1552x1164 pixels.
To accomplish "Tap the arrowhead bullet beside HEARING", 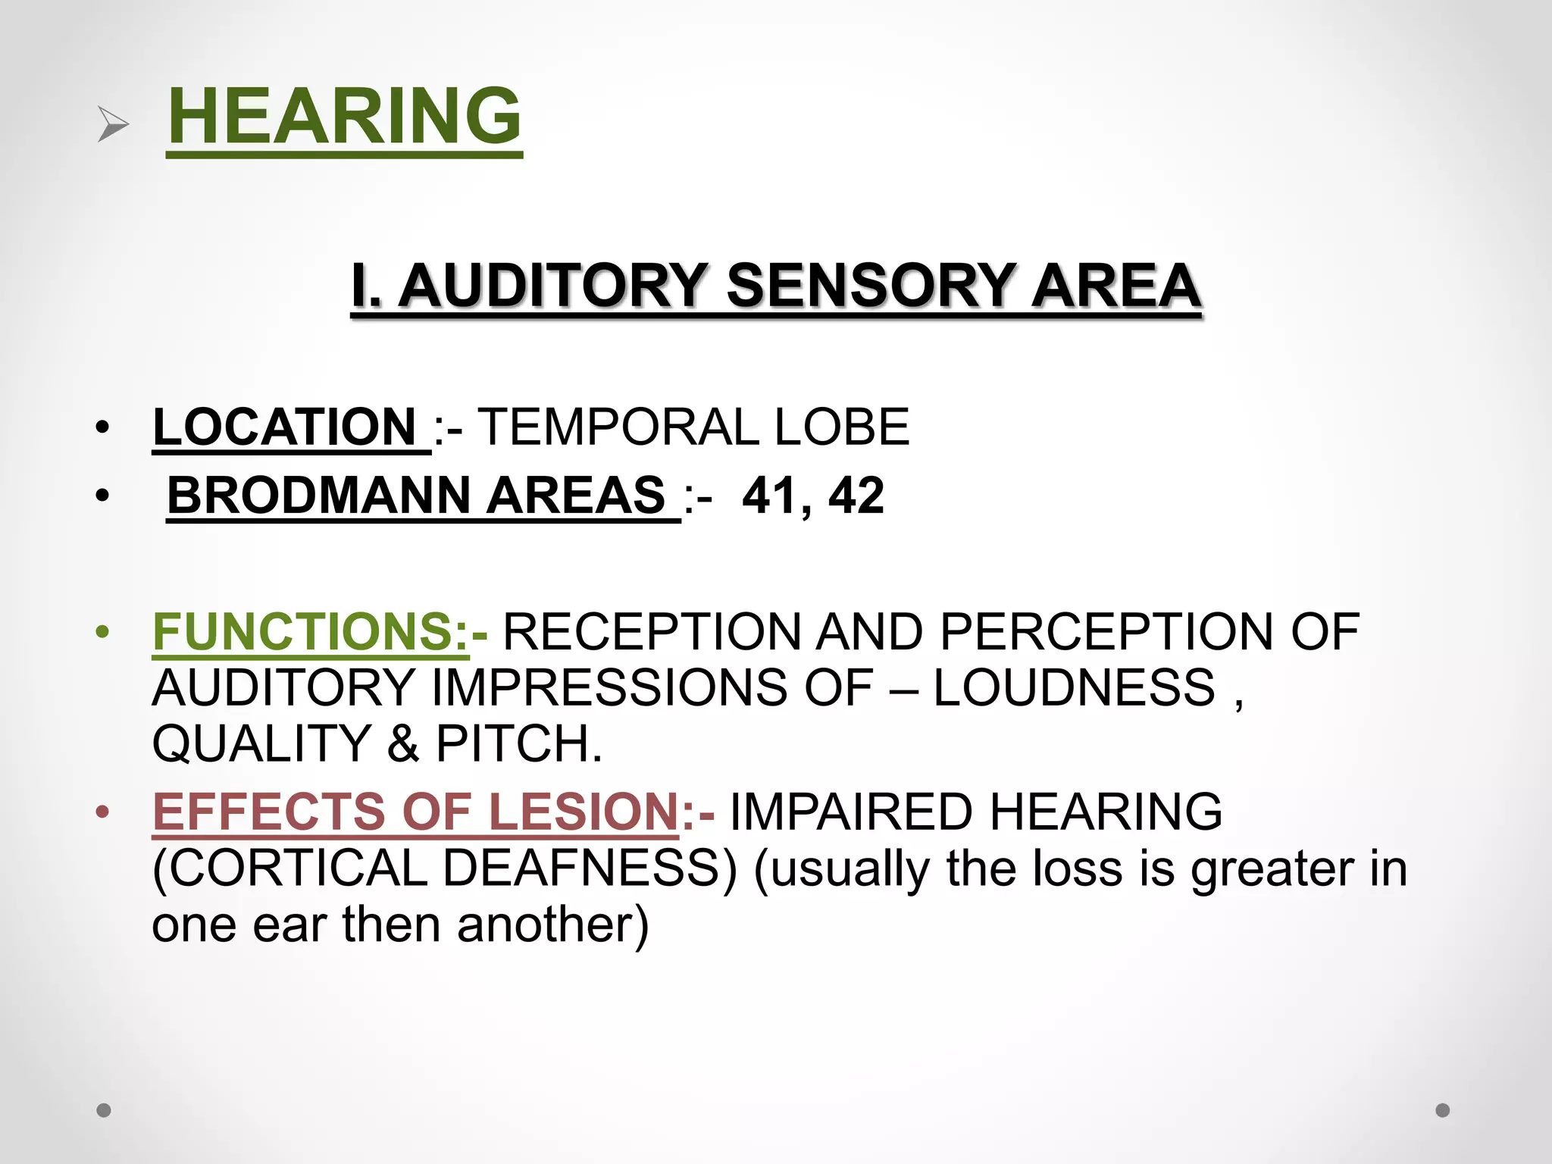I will [x=113, y=124].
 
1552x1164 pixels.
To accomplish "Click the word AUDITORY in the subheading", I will [x=552, y=286].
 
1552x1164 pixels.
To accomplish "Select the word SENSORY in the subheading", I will [x=870, y=286].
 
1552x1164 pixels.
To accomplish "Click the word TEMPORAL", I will [x=617, y=427].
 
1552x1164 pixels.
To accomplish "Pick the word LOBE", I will [x=841, y=427].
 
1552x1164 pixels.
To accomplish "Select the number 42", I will [x=856, y=496].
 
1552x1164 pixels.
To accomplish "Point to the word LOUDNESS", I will [x=1074, y=687].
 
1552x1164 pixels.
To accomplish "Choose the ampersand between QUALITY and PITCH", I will [x=402, y=743].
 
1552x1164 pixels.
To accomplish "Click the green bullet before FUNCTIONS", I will [x=103, y=631].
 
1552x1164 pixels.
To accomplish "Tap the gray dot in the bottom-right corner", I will [x=1443, y=1110].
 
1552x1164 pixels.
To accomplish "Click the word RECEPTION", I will [x=652, y=631].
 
